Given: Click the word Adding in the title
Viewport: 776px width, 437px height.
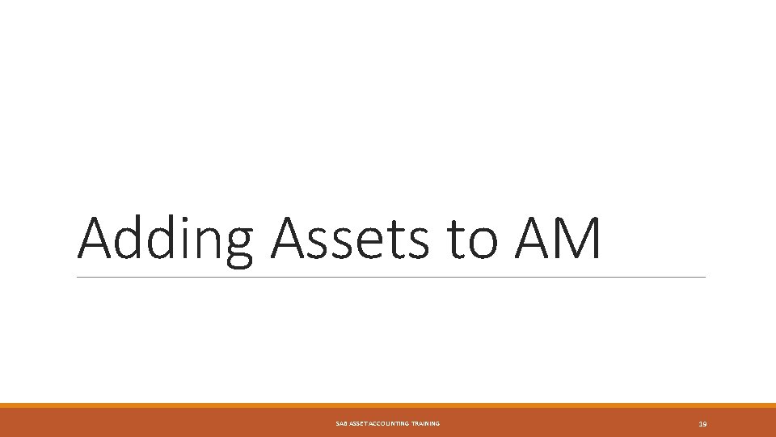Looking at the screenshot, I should pyautogui.click(x=165, y=240).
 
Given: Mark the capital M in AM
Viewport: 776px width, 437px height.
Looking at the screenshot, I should pyautogui.click(x=576, y=239).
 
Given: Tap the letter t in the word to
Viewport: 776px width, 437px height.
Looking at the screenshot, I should pyautogui.click(x=452, y=240).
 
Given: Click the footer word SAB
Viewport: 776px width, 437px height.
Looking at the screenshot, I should pyautogui.click(x=341, y=424).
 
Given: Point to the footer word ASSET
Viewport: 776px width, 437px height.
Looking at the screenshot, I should pyautogui.click(x=358, y=424).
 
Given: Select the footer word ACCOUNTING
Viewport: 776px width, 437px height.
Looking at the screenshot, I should pyautogui.click(x=390, y=424).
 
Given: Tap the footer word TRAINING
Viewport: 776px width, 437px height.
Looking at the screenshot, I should pyautogui.click(x=425, y=424).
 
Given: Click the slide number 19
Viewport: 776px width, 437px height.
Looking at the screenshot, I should pyautogui.click(x=702, y=424).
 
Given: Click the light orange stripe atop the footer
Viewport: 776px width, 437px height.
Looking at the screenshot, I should pyautogui.click(x=388, y=405).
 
